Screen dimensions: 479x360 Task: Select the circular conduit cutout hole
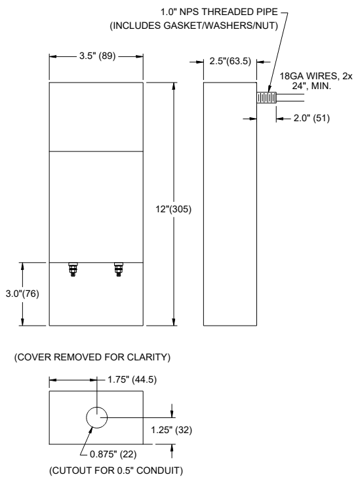pyautogui.click(x=96, y=417)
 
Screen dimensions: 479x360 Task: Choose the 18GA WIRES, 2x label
pyautogui.click(x=315, y=77)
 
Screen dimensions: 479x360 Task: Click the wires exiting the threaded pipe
pyautogui.click(x=292, y=98)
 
